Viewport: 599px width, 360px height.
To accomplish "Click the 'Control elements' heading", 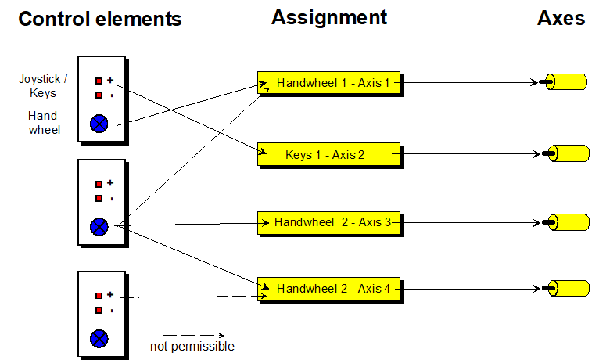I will (99, 19).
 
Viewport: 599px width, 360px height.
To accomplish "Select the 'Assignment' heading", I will (328, 17).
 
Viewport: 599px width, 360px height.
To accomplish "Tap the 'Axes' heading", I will (561, 18).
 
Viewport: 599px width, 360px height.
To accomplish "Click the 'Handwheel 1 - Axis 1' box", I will (328, 82).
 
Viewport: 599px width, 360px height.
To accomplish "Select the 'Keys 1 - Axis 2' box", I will (328, 154).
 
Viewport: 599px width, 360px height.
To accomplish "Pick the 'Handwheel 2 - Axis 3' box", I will (328, 222).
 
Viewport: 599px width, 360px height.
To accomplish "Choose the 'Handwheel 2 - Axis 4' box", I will (328, 289).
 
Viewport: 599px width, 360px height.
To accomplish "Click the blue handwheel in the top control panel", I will (99, 123).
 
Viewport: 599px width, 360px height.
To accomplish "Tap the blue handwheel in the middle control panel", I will (99, 227).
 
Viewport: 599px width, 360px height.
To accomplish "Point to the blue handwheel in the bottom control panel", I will (99, 339).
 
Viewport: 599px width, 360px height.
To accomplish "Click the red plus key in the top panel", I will (99, 81).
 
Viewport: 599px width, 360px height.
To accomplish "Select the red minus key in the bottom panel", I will (99, 310).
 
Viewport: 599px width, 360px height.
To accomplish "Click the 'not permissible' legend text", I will (192, 346).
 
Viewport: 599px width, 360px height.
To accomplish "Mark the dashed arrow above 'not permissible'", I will (192, 335).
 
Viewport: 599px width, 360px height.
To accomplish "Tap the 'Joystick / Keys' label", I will (38, 86).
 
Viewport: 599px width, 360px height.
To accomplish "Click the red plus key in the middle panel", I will (99, 184).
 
